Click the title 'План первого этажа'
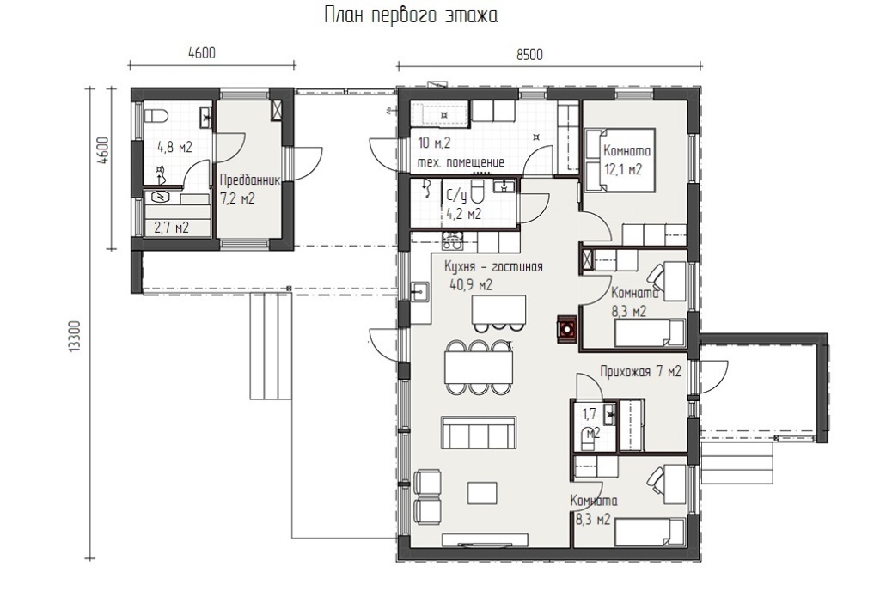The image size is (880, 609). point(411,15)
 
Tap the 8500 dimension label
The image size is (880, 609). point(529,54)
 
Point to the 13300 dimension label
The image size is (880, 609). point(75,337)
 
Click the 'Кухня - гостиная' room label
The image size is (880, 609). point(493,267)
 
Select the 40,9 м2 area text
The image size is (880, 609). point(470,285)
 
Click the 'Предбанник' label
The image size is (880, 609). point(249,180)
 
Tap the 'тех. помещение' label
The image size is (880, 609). point(461,162)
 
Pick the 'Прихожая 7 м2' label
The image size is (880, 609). point(640,371)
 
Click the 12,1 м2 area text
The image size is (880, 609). point(623,169)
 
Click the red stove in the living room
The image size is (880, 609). point(566,328)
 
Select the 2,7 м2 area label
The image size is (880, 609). point(172,228)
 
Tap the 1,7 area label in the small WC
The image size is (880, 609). point(589,414)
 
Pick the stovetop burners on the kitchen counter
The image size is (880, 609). point(452,241)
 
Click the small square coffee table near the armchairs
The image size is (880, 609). point(483,492)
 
